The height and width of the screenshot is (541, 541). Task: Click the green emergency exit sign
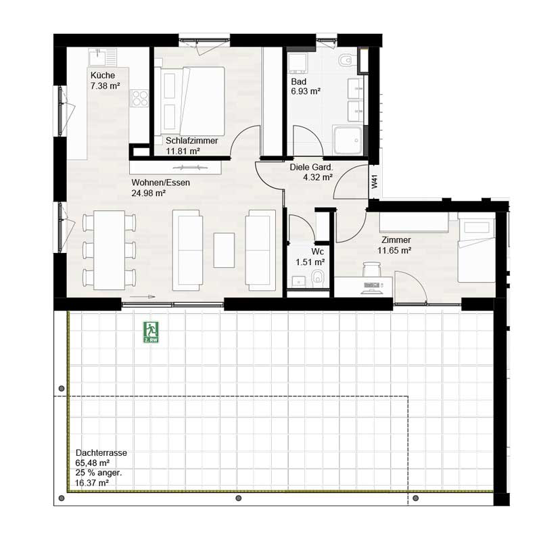(x=151, y=332)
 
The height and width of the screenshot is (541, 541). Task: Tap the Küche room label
(x=103, y=75)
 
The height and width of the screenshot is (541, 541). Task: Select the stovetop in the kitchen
(x=139, y=98)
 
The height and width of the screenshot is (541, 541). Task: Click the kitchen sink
(x=103, y=57)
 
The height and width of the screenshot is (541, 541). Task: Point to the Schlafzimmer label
(x=191, y=141)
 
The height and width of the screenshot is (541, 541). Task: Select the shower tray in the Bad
(x=348, y=141)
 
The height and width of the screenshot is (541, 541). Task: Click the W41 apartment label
(x=375, y=181)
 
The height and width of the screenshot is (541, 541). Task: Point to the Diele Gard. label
(x=311, y=167)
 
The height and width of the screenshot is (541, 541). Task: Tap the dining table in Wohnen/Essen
(x=110, y=250)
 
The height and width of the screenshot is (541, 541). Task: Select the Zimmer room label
(x=396, y=240)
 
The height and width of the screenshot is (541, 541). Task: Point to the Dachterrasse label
(x=101, y=452)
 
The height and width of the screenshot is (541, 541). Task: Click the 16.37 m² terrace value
(x=92, y=483)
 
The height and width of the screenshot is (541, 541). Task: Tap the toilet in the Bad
(x=345, y=62)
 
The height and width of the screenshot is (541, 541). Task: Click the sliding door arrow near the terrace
(x=143, y=297)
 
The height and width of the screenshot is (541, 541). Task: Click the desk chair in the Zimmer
(x=371, y=269)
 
